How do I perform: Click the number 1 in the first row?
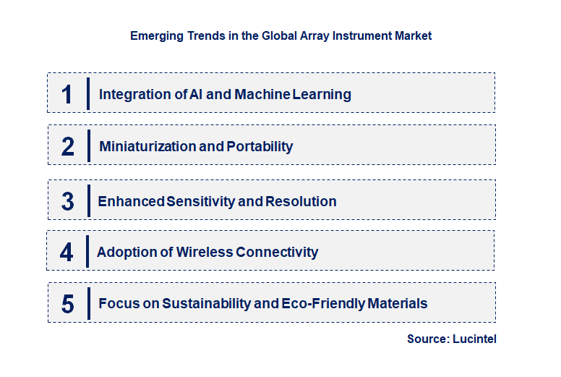[67, 94]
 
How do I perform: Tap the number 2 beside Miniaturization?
[68, 146]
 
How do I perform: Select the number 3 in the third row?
[68, 201]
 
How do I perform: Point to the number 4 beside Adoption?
[67, 252]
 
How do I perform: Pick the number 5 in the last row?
[68, 304]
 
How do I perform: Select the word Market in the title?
[413, 35]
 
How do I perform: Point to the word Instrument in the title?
[361, 35]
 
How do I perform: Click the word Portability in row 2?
[260, 146]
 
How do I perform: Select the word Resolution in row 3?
[301, 201]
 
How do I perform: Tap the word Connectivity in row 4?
[278, 252]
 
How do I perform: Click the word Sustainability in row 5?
[206, 304]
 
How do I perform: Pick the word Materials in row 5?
[397, 304]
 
